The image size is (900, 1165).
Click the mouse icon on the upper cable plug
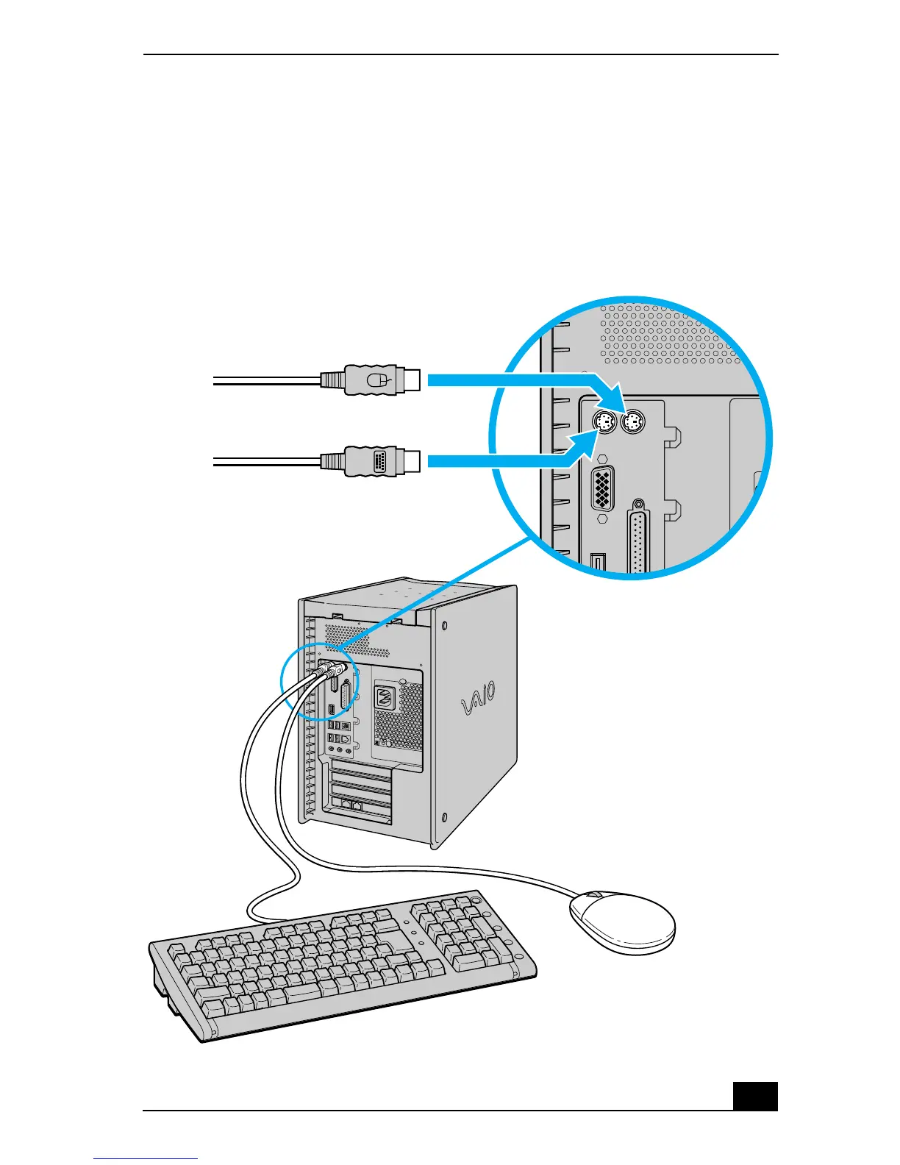click(377, 380)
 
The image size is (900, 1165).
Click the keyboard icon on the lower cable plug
click(379, 461)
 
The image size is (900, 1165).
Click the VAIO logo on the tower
click(478, 699)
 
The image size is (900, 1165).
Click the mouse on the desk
click(622, 922)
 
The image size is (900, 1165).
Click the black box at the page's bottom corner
click(754, 1097)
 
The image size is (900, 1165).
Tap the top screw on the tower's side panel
click(445, 626)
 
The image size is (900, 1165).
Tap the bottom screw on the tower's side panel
click(445, 816)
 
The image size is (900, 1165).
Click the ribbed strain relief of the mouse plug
click(332, 380)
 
